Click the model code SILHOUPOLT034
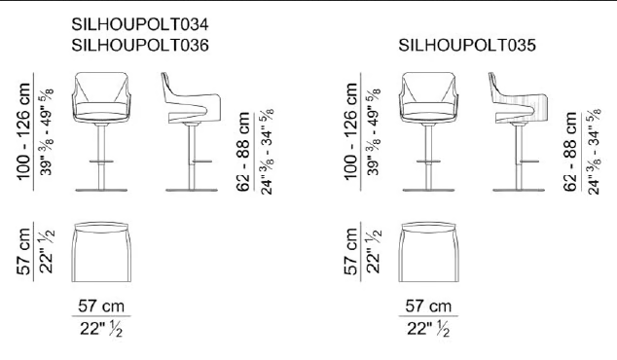[140, 24]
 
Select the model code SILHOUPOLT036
[140, 46]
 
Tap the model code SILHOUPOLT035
[467, 46]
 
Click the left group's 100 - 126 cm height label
[23, 131]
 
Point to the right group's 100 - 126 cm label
[351, 131]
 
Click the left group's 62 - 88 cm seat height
[243, 152]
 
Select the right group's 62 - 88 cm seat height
[570, 152]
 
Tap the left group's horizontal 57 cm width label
[101, 306]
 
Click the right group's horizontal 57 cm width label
[428, 306]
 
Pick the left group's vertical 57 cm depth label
[23, 251]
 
